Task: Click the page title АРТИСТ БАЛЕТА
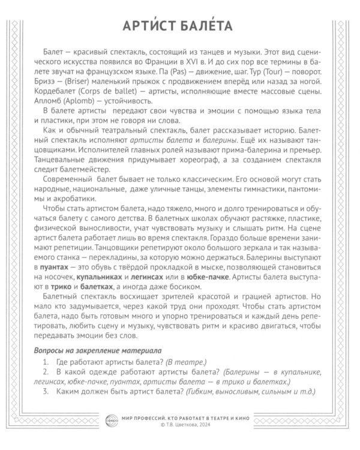point(180,27)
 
